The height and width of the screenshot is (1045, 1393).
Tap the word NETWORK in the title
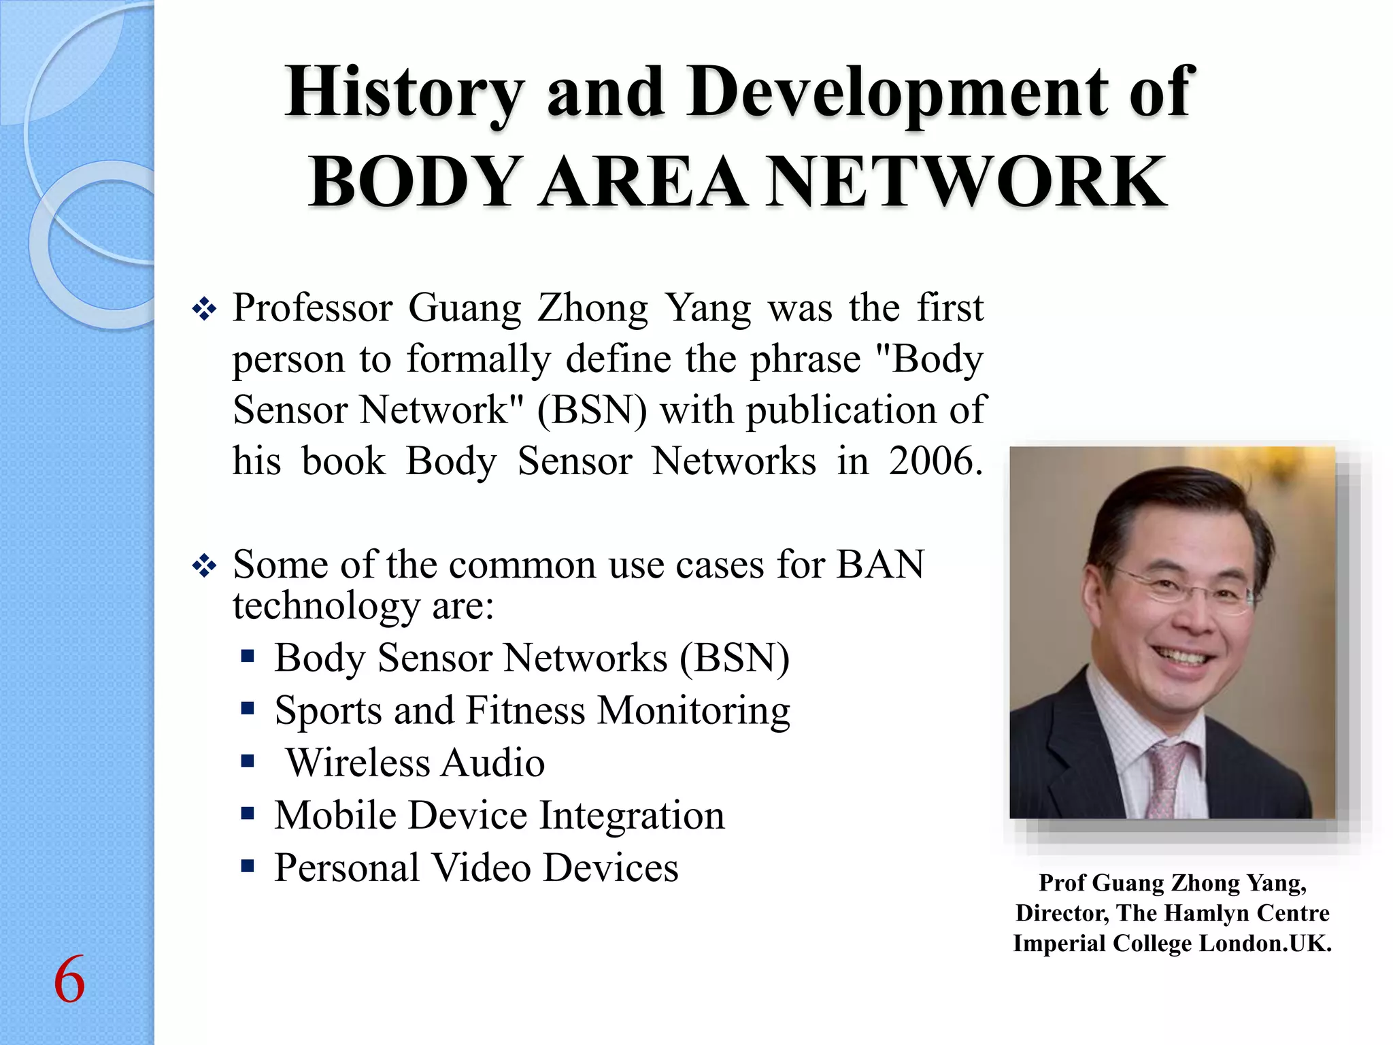(x=967, y=182)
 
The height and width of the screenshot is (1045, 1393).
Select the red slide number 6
(x=69, y=980)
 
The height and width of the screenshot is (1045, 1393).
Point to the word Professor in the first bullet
(x=312, y=308)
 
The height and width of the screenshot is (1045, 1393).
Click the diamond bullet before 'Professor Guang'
(x=204, y=310)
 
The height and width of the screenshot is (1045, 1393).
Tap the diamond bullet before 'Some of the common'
(x=204, y=565)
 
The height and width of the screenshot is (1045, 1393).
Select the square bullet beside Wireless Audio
(x=248, y=761)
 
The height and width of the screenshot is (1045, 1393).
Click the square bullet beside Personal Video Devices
(x=248, y=866)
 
